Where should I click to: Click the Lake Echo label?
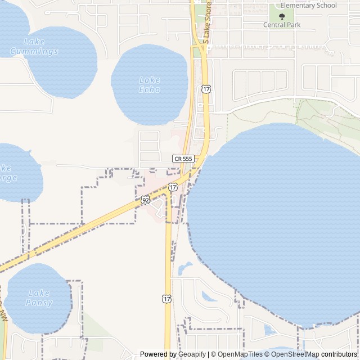(x=150, y=84)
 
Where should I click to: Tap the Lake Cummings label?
(x=34, y=47)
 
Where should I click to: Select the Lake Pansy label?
(x=39, y=298)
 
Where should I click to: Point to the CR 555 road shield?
(x=183, y=159)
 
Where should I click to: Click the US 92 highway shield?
(x=145, y=200)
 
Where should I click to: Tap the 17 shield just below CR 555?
(x=173, y=186)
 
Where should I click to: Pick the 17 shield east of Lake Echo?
(x=206, y=89)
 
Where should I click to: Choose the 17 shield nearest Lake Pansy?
(x=166, y=298)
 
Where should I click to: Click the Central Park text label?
(x=282, y=25)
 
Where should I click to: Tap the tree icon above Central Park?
(x=282, y=16)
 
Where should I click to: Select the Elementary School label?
(x=308, y=6)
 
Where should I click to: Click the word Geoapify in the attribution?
(x=192, y=354)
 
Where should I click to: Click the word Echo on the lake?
(x=150, y=89)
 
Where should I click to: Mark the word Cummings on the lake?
(x=34, y=52)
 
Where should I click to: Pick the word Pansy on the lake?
(x=39, y=303)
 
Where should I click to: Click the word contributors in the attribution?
(x=340, y=354)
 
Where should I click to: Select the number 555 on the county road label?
(x=187, y=159)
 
